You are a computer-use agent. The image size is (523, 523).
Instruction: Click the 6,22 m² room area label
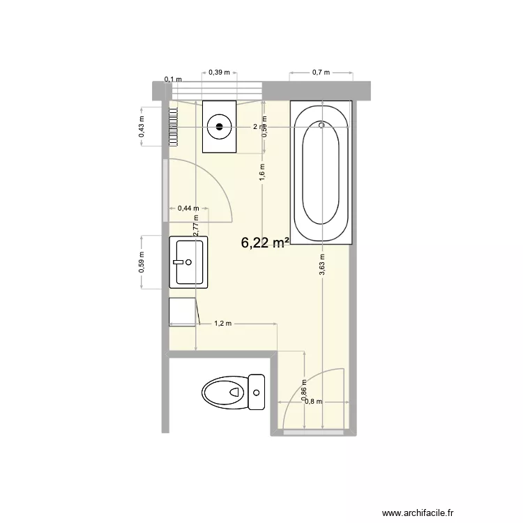pos(266,243)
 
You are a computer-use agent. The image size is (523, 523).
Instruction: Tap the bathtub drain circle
pos(321,126)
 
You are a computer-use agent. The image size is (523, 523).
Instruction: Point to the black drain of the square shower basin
pos(220,126)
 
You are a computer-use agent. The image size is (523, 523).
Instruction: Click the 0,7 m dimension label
pos(321,72)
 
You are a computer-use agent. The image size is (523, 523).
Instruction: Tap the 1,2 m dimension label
pos(222,324)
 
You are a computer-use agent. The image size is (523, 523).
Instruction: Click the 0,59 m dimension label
pos(142,262)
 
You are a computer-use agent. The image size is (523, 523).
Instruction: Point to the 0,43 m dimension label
pos(142,126)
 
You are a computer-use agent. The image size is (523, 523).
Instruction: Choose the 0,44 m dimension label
pos(188,207)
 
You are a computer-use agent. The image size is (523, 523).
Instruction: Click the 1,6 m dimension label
pos(262,172)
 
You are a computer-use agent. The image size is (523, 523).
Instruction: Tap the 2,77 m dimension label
pos(197,225)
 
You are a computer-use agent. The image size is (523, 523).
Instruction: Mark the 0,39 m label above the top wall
pos(220,72)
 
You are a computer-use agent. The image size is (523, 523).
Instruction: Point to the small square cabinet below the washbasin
pos(183,312)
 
